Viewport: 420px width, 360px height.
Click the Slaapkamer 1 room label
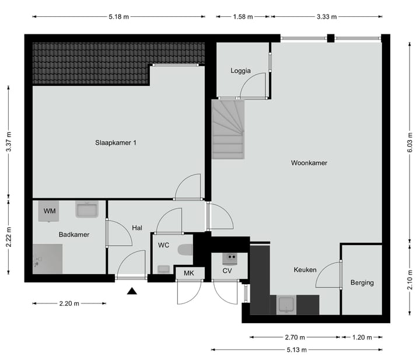pyautogui.click(x=116, y=142)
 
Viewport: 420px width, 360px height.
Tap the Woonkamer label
pyautogui.click(x=309, y=163)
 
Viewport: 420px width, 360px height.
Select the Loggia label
pyautogui.click(x=240, y=71)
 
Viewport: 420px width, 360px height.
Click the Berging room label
pyautogui.click(x=362, y=283)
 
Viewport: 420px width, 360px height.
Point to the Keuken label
pyautogui.click(x=304, y=270)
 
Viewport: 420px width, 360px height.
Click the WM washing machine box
pyautogui.click(x=50, y=211)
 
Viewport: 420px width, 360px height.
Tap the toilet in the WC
pyautogui.click(x=185, y=250)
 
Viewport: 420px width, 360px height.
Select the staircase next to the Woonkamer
pyautogui.click(x=228, y=128)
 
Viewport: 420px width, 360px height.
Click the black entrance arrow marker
pyautogui.click(x=132, y=291)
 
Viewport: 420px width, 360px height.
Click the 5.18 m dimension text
pyautogui.click(x=119, y=17)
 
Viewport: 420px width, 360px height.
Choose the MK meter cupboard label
pyautogui.click(x=189, y=273)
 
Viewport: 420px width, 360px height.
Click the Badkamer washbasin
pyautogui.click(x=88, y=209)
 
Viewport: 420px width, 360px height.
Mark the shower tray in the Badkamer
pyautogui.click(x=47, y=258)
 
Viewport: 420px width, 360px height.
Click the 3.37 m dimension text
pyautogui.click(x=8, y=142)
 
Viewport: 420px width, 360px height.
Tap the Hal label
pyautogui.click(x=137, y=228)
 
